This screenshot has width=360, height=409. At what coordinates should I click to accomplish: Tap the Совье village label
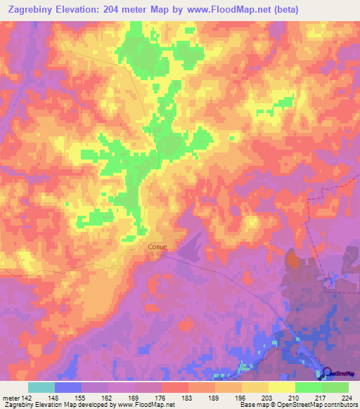point(157,247)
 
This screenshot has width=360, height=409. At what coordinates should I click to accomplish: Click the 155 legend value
point(82,397)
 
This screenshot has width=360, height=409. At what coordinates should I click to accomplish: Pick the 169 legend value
point(135,397)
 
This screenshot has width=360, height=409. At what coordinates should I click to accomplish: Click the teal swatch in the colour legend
point(41,387)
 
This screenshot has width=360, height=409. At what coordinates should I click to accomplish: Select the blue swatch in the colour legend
point(68,387)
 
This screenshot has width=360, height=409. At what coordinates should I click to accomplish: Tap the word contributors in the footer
point(340,405)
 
